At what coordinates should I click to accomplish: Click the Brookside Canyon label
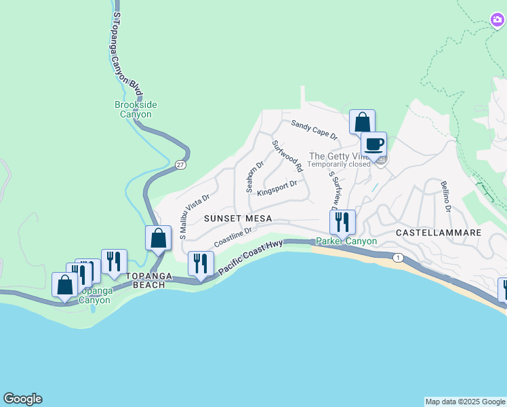click(136, 109)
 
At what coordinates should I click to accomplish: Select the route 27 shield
click(180, 165)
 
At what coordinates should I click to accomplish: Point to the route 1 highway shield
click(398, 257)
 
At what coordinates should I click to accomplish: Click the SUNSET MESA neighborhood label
click(237, 218)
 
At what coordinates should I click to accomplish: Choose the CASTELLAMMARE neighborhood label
click(439, 232)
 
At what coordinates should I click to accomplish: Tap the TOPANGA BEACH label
click(145, 280)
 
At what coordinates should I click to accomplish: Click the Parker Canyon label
click(346, 241)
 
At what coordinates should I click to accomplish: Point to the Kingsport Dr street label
click(277, 187)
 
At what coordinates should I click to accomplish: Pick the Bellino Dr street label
click(445, 196)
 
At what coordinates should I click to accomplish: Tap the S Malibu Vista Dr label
click(194, 216)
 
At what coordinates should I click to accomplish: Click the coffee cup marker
click(373, 144)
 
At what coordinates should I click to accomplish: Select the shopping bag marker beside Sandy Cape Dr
click(362, 122)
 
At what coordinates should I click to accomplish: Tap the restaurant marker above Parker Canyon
click(342, 221)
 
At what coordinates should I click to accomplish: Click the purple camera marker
click(497, 20)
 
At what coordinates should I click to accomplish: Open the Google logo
click(22, 399)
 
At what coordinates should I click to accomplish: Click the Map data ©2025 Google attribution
click(465, 402)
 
